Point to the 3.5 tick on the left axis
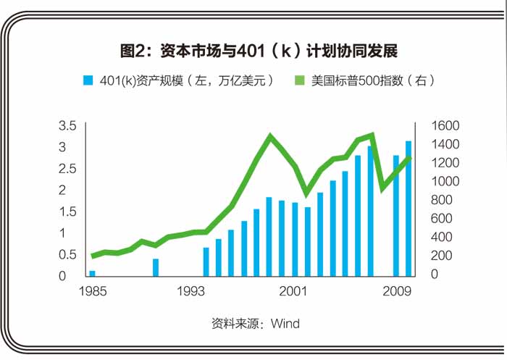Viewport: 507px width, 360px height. coord(67,125)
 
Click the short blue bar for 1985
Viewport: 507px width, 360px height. coord(92,272)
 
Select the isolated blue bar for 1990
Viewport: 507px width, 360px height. coord(155,267)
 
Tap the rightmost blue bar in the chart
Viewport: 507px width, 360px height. coord(408,208)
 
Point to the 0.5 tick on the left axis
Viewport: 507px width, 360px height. coord(67,254)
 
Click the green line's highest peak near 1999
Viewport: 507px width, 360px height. coord(270,136)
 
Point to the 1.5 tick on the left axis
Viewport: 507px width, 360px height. coord(67,212)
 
